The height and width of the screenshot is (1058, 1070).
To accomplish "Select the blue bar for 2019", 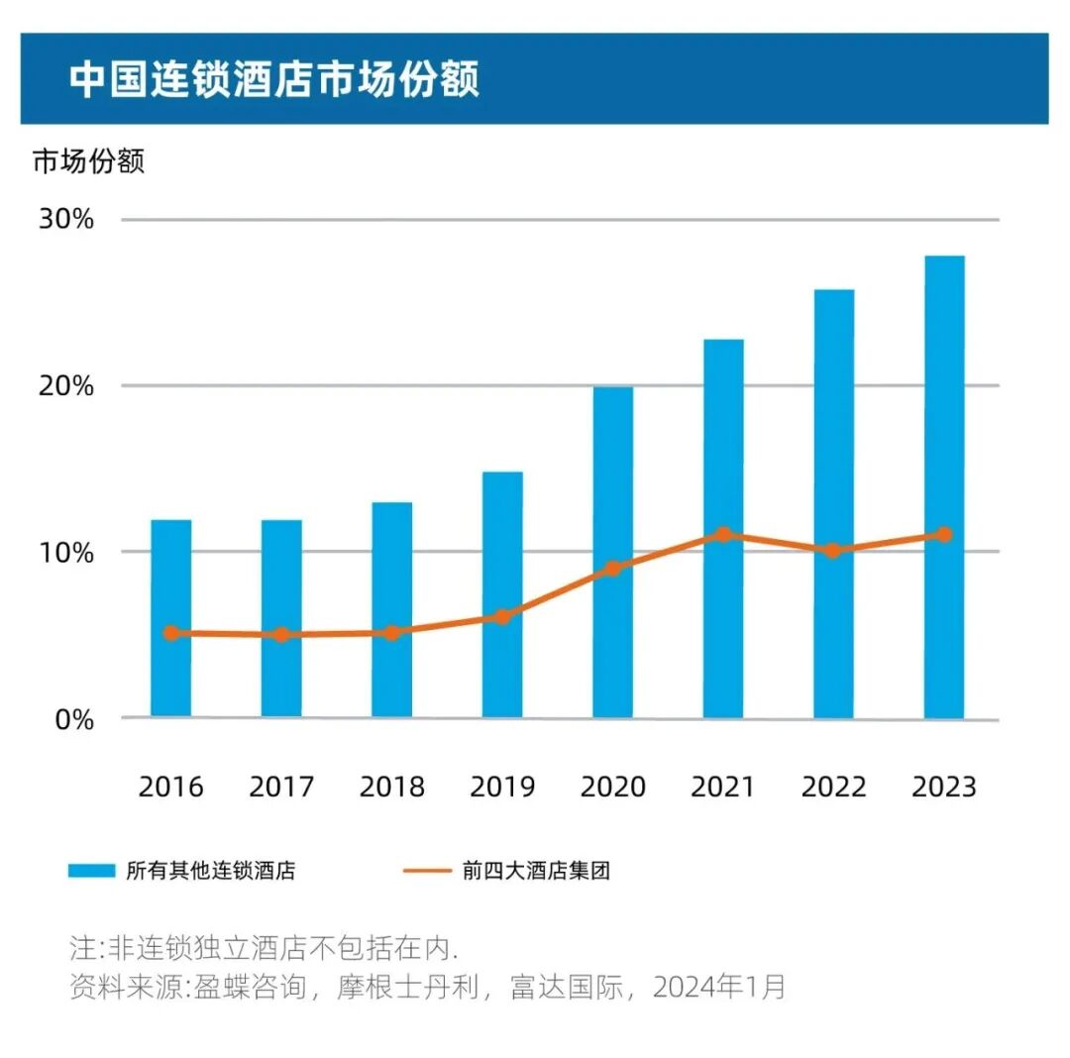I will point(502,555).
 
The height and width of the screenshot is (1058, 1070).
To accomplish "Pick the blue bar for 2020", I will point(612,515).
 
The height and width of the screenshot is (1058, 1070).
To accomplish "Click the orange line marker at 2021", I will point(723,535).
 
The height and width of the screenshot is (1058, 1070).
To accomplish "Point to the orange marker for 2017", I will point(281,635).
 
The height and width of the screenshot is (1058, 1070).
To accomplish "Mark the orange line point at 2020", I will point(612,569).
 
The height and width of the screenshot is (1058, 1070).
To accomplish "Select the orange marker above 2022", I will point(833,551).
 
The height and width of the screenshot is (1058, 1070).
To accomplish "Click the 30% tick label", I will point(66,219).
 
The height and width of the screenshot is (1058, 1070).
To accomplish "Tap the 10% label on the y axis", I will point(66,552).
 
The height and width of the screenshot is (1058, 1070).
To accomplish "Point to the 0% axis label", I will point(72,719).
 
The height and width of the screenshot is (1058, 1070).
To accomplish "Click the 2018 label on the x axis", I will point(391,788).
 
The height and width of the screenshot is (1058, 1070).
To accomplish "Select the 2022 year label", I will point(833,788).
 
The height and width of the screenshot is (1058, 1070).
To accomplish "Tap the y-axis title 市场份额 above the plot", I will point(88,161).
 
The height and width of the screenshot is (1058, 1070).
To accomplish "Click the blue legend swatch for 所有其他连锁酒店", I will point(92,872).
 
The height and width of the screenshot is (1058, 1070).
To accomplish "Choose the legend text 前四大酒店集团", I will point(535,872).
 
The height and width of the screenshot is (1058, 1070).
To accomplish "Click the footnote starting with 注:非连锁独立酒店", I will point(264,947).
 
